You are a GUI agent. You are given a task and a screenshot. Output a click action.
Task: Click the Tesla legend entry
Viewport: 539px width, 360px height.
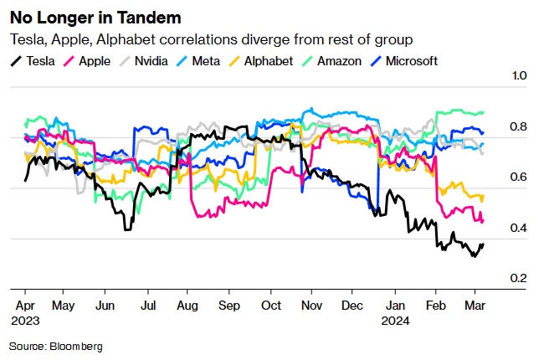point(33,60)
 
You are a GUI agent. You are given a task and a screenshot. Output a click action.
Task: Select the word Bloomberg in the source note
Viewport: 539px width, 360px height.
point(75,345)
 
